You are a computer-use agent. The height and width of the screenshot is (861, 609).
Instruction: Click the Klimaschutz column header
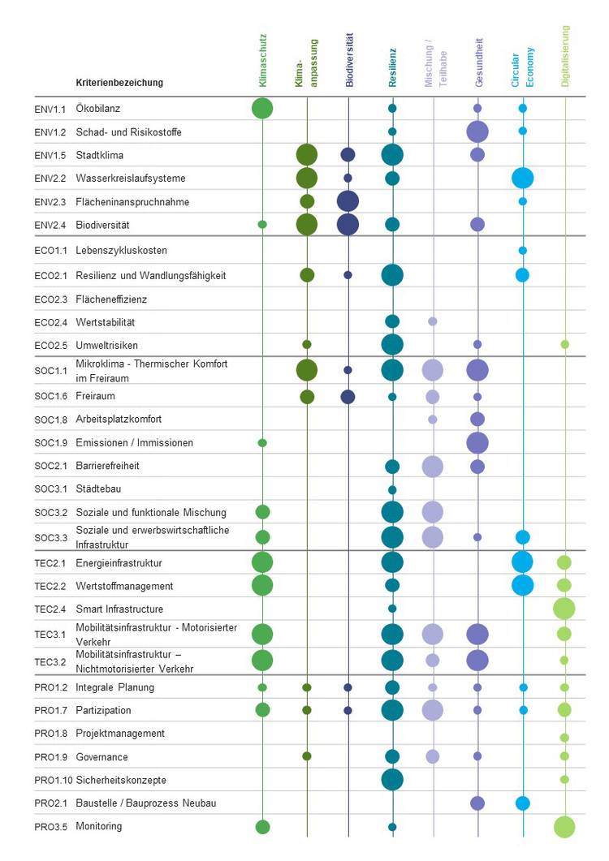pyautogui.click(x=262, y=60)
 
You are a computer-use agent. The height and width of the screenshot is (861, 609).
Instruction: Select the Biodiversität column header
pyautogui.click(x=349, y=60)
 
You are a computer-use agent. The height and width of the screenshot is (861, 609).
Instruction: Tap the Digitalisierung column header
pyautogui.click(x=565, y=56)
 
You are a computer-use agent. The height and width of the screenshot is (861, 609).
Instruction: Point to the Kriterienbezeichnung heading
pyautogui.click(x=119, y=83)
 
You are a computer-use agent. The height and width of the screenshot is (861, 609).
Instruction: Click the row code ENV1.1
pyautogui.click(x=38, y=108)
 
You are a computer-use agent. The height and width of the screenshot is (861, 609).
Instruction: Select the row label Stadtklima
pyautogui.click(x=100, y=155)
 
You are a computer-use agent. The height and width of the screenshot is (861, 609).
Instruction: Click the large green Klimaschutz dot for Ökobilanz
pyautogui.click(x=262, y=108)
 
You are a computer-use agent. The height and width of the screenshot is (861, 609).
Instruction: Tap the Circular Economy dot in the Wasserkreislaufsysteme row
pyautogui.click(x=523, y=178)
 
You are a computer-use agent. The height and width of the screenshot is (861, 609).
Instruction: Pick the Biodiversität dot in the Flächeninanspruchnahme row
pyautogui.click(x=348, y=201)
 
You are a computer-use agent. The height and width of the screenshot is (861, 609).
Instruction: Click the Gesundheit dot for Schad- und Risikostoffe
pyautogui.click(x=477, y=131)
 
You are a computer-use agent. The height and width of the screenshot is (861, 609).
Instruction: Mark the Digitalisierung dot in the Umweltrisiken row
pyautogui.click(x=565, y=344)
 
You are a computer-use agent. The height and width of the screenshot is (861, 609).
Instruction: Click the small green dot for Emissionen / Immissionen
pyautogui.click(x=262, y=443)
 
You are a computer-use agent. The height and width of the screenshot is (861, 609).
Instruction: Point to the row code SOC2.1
pyautogui.click(x=40, y=467)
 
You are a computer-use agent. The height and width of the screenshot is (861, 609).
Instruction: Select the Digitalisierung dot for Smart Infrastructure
pyautogui.click(x=564, y=609)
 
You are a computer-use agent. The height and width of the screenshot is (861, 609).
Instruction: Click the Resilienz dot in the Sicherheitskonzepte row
pyautogui.click(x=392, y=780)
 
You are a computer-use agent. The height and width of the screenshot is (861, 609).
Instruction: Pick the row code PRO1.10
pyautogui.click(x=41, y=780)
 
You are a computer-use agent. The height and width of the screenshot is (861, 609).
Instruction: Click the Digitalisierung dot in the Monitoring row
pyautogui.click(x=564, y=827)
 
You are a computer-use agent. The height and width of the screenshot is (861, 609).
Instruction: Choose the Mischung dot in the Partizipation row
pyautogui.click(x=433, y=711)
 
